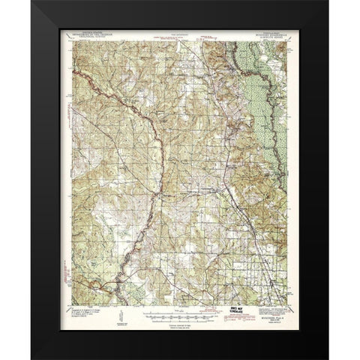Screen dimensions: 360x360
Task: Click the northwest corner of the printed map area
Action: coord(72,40)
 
